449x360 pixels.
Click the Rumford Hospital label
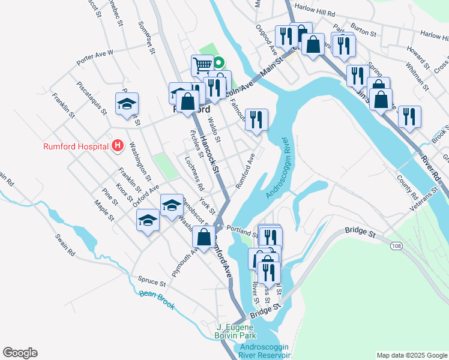coord(76,146)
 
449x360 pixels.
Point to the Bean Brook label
coord(157,299)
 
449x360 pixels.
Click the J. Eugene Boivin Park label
coord(244,331)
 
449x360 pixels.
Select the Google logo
coord(20,353)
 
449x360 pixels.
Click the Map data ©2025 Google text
coord(411,355)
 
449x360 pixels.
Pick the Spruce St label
coord(151,281)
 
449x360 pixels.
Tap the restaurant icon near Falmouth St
coord(256,119)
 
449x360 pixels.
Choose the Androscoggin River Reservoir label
coord(265,351)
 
